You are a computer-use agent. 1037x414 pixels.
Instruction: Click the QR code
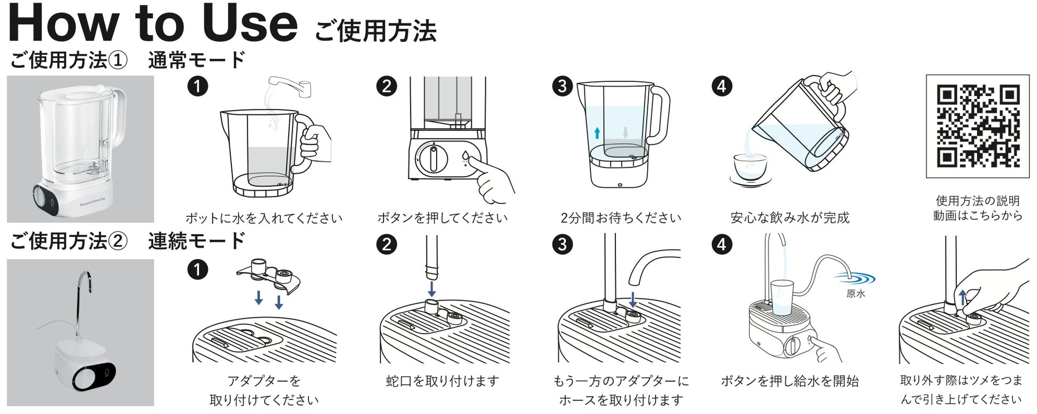click(x=977, y=126)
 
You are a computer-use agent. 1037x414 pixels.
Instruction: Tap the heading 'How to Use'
click(x=153, y=24)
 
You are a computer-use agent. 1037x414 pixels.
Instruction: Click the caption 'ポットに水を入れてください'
click(x=264, y=218)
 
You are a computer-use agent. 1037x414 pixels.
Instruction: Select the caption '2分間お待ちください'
click(x=621, y=218)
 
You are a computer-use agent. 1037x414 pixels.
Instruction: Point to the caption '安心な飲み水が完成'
click(x=790, y=218)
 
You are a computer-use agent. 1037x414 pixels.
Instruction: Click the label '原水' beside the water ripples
click(x=856, y=294)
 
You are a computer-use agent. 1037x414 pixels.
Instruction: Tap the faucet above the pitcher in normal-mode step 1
click(x=290, y=86)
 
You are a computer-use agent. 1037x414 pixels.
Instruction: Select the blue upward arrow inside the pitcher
click(x=597, y=133)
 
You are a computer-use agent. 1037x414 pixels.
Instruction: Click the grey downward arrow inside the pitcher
click(x=625, y=132)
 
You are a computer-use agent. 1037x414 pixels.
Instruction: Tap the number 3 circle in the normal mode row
click(x=562, y=86)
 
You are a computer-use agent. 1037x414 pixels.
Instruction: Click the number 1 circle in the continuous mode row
click(x=197, y=269)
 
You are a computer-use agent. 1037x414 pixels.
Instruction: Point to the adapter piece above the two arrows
click(x=269, y=275)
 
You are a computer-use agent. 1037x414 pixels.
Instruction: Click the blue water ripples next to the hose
click(x=855, y=278)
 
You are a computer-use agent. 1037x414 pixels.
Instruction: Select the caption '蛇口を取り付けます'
click(x=442, y=381)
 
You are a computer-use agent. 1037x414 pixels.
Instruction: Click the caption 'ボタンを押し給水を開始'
click(x=790, y=381)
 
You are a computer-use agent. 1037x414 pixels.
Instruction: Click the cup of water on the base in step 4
click(x=782, y=298)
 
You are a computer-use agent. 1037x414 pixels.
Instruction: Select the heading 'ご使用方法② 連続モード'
click(x=128, y=241)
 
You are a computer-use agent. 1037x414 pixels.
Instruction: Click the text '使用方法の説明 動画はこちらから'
click(x=977, y=208)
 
